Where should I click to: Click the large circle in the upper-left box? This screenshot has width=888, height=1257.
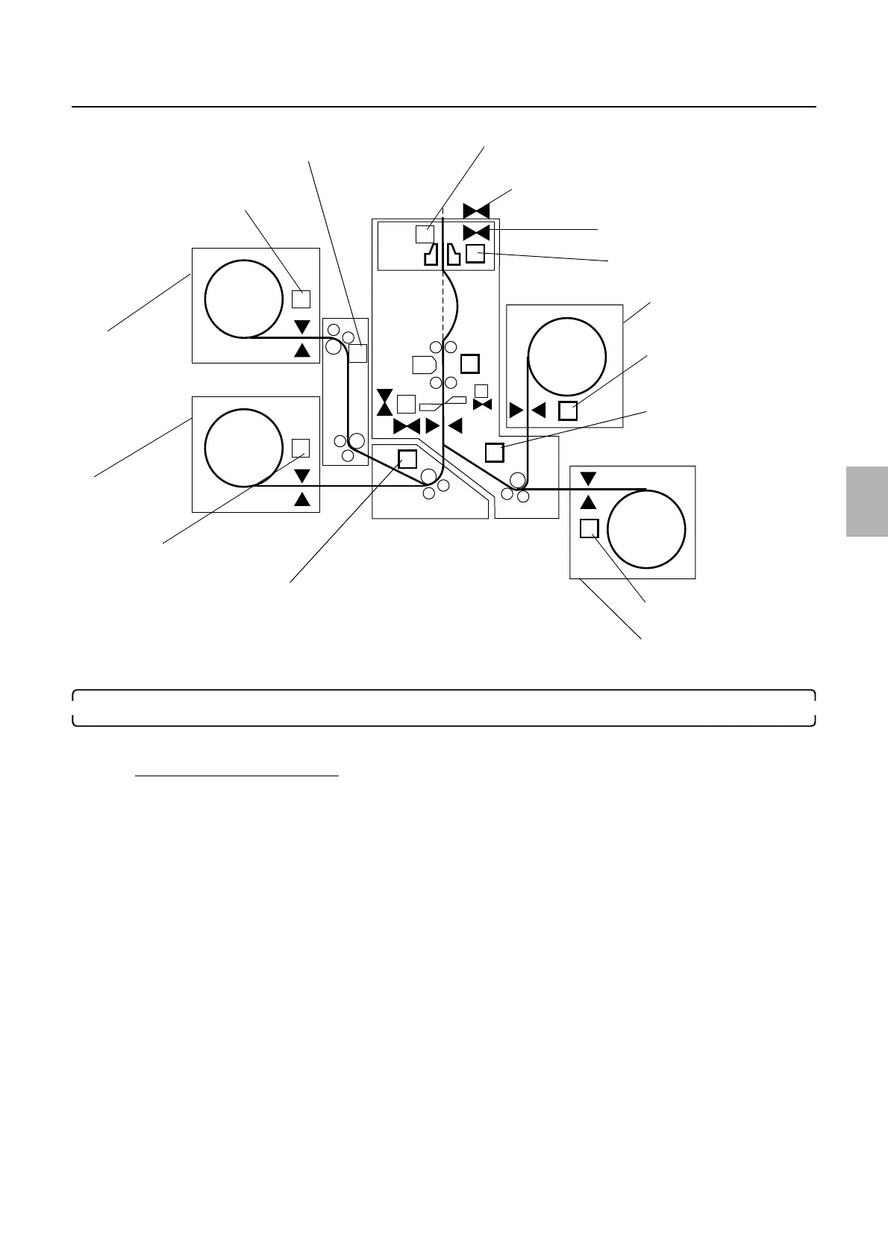243,299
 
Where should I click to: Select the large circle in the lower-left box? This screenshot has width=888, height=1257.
243,447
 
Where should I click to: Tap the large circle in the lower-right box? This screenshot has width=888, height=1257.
646,528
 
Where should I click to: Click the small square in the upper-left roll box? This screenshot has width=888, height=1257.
301,299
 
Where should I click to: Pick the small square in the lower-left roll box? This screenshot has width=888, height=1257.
301,447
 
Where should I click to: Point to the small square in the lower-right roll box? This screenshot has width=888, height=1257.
589,528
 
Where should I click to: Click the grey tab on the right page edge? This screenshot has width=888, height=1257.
867,501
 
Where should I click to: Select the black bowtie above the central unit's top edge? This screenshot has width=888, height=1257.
476,210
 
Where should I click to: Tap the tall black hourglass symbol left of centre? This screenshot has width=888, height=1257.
384,402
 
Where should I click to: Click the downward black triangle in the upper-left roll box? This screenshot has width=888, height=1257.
302,327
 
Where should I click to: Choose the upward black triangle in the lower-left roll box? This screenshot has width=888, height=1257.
302,499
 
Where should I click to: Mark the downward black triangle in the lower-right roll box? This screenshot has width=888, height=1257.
589,478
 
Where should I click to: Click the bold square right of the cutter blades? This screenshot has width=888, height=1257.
475,254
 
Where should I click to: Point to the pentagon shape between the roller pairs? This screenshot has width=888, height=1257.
423,365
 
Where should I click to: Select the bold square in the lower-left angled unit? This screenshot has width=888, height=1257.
407,458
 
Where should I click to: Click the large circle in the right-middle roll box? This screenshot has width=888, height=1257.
566,357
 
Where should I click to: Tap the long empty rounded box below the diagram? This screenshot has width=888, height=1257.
443,707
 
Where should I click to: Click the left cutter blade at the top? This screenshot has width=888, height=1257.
429,255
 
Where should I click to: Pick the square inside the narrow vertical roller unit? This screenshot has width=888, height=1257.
358,353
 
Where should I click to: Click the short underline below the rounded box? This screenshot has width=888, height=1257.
237,776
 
